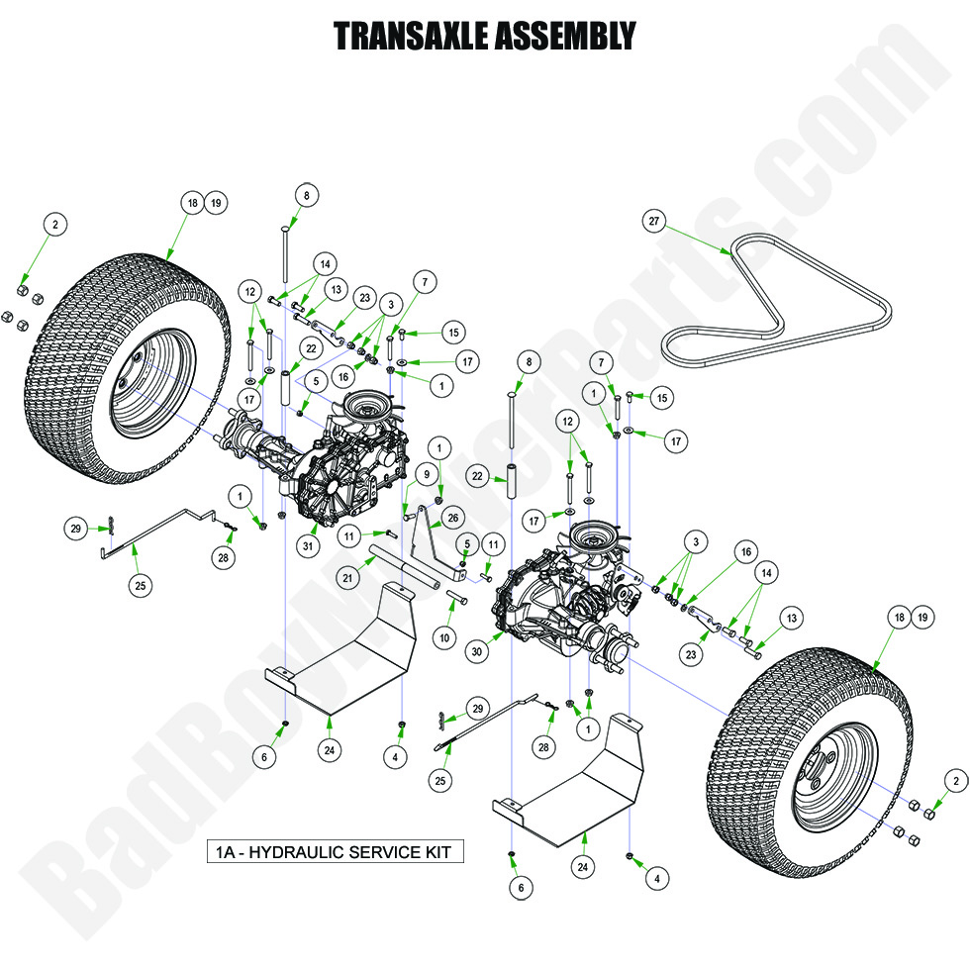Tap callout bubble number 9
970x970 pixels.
coord(429,475)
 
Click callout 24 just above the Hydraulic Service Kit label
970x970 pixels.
coord(331,750)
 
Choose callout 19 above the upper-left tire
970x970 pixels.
coord(216,203)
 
